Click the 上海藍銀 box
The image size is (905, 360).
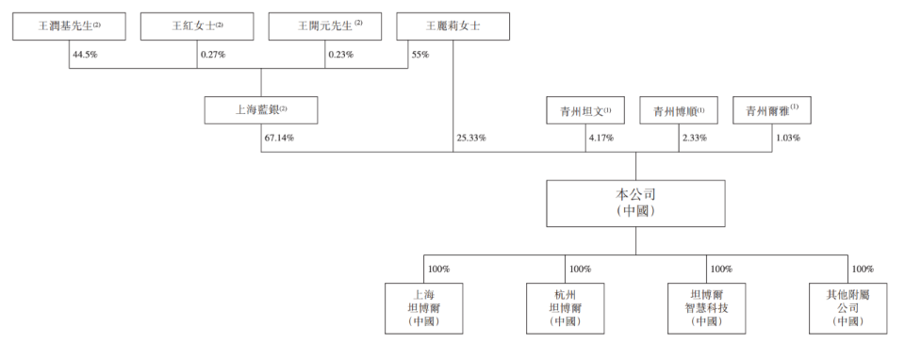pyautogui.click(x=261, y=110)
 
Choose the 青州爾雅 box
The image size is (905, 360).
pyautogui.click(x=771, y=110)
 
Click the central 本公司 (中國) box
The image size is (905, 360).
pyautogui.click(x=636, y=203)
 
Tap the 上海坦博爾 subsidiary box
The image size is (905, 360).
pyautogui.click(x=423, y=307)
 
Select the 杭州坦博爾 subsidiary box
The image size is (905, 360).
pyautogui.click(x=565, y=307)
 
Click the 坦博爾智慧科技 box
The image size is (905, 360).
pyautogui.click(x=706, y=307)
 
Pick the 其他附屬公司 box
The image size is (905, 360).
pyautogui.click(x=847, y=307)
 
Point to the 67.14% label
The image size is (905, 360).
pyautogui.click(x=279, y=138)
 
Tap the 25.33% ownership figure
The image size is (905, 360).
pyautogui.click(x=470, y=138)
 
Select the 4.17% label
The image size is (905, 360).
pyautogui.click(x=601, y=138)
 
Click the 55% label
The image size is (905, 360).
pyautogui.click(x=420, y=55)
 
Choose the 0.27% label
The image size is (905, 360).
pyautogui.click(x=212, y=55)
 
